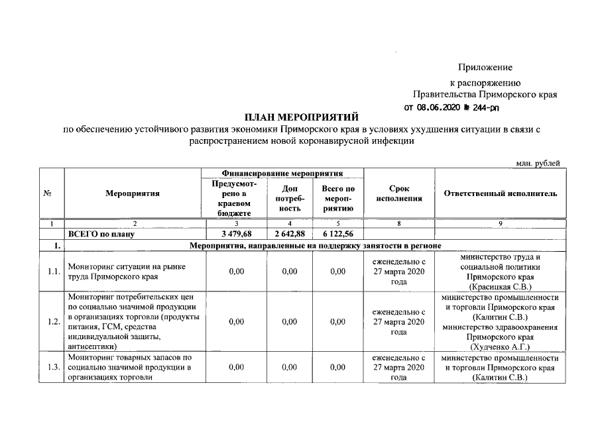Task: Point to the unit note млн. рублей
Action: (x=538, y=163)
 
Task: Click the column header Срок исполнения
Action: (x=398, y=193)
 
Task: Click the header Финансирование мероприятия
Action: (x=284, y=173)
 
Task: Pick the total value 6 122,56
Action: (x=337, y=234)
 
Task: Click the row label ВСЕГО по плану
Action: (x=101, y=234)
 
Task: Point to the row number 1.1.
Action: (x=55, y=272)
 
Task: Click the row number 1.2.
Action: (x=55, y=322)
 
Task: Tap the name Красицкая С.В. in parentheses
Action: (x=501, y=287)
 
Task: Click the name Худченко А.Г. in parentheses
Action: (x=501, y=346)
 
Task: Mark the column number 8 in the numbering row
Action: (x=398, y=224)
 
